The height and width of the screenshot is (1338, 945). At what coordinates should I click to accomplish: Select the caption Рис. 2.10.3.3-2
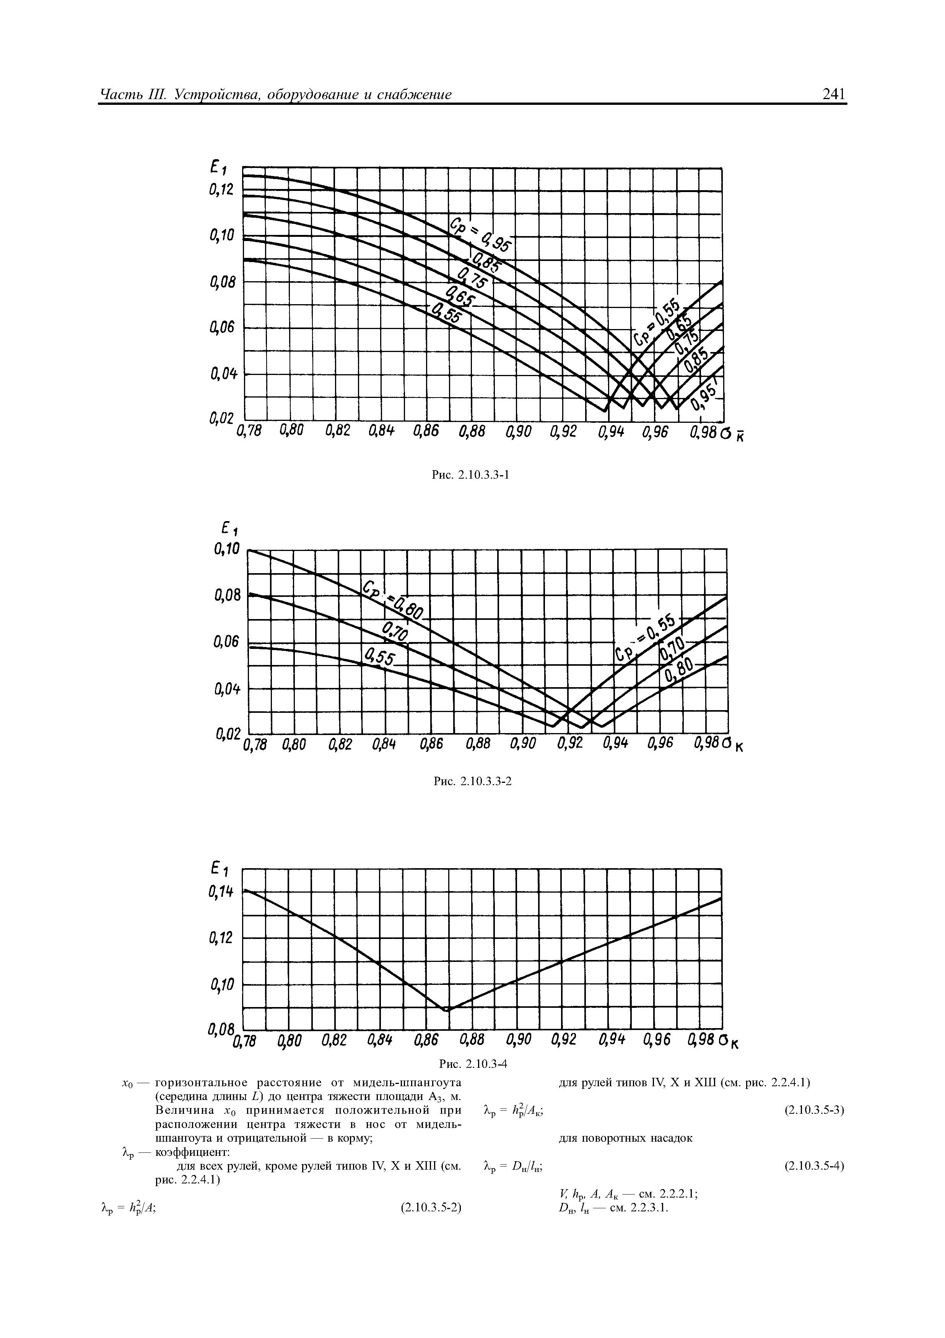(473, 781)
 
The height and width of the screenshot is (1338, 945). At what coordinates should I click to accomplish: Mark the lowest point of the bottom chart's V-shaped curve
(447, 1010)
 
